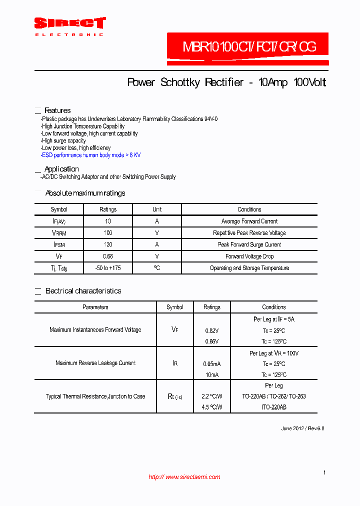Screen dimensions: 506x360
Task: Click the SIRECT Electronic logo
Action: pos(69,26)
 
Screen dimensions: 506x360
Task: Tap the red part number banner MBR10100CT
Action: pos(248,47)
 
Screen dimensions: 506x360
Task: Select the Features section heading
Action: pos(57,110)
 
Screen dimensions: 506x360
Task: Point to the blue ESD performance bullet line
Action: pos(91,155)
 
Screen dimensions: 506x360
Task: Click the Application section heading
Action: pos(61,169)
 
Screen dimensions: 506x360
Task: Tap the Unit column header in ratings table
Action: pos(157,209)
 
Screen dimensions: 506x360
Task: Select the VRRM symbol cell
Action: pos(59,233)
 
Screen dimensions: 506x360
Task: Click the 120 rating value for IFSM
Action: pos(108,244)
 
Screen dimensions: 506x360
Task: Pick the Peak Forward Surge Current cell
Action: pos(249,244)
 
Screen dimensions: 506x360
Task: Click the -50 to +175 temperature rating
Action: pos(108,268)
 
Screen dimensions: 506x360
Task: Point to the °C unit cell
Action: pos(157,268)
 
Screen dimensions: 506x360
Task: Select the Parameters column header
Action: pos(95,307)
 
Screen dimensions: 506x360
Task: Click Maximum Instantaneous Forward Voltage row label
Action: pos(95,330)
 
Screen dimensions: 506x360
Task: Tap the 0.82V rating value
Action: pos(212,331)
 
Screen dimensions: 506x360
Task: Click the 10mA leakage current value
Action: pos(212,375)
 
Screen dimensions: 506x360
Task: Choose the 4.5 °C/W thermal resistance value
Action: pos(212,407)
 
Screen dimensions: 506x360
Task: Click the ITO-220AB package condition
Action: pos(274,407)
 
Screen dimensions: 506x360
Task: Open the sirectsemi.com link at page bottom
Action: pos(184,477)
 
